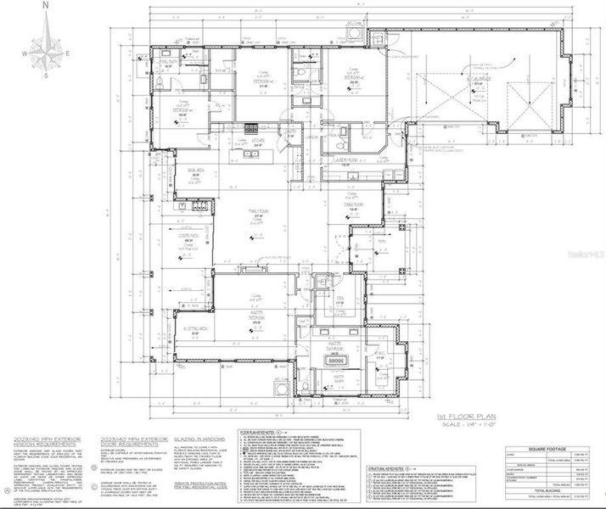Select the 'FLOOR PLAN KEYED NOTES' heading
pyautogui.click(x=266, y=431)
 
